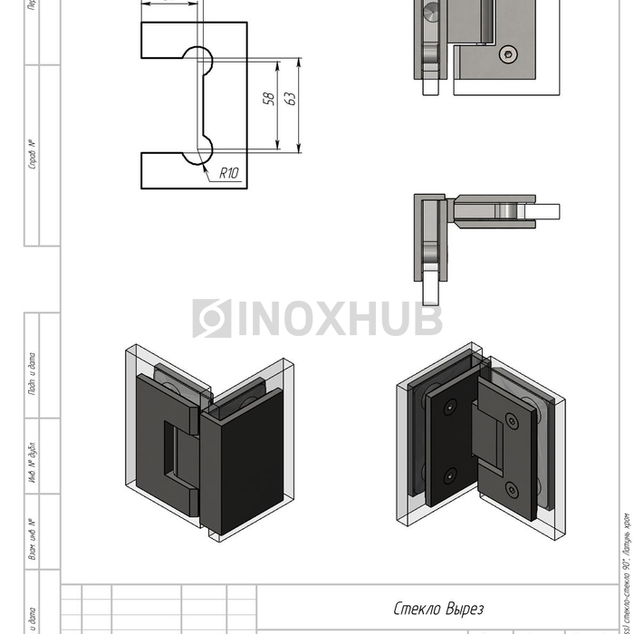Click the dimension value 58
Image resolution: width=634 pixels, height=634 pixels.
coord(269,99)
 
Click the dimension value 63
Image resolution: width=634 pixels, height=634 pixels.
coord(291,97)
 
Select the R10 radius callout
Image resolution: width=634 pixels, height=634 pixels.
coord(228,173)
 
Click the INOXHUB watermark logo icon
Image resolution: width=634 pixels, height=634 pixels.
coord(211,319)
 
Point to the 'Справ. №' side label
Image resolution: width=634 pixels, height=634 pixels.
coord(33,155)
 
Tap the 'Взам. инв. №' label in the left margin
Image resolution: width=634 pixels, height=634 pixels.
coord(33,538)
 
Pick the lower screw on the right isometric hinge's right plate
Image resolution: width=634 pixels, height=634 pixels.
coord(512,490)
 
